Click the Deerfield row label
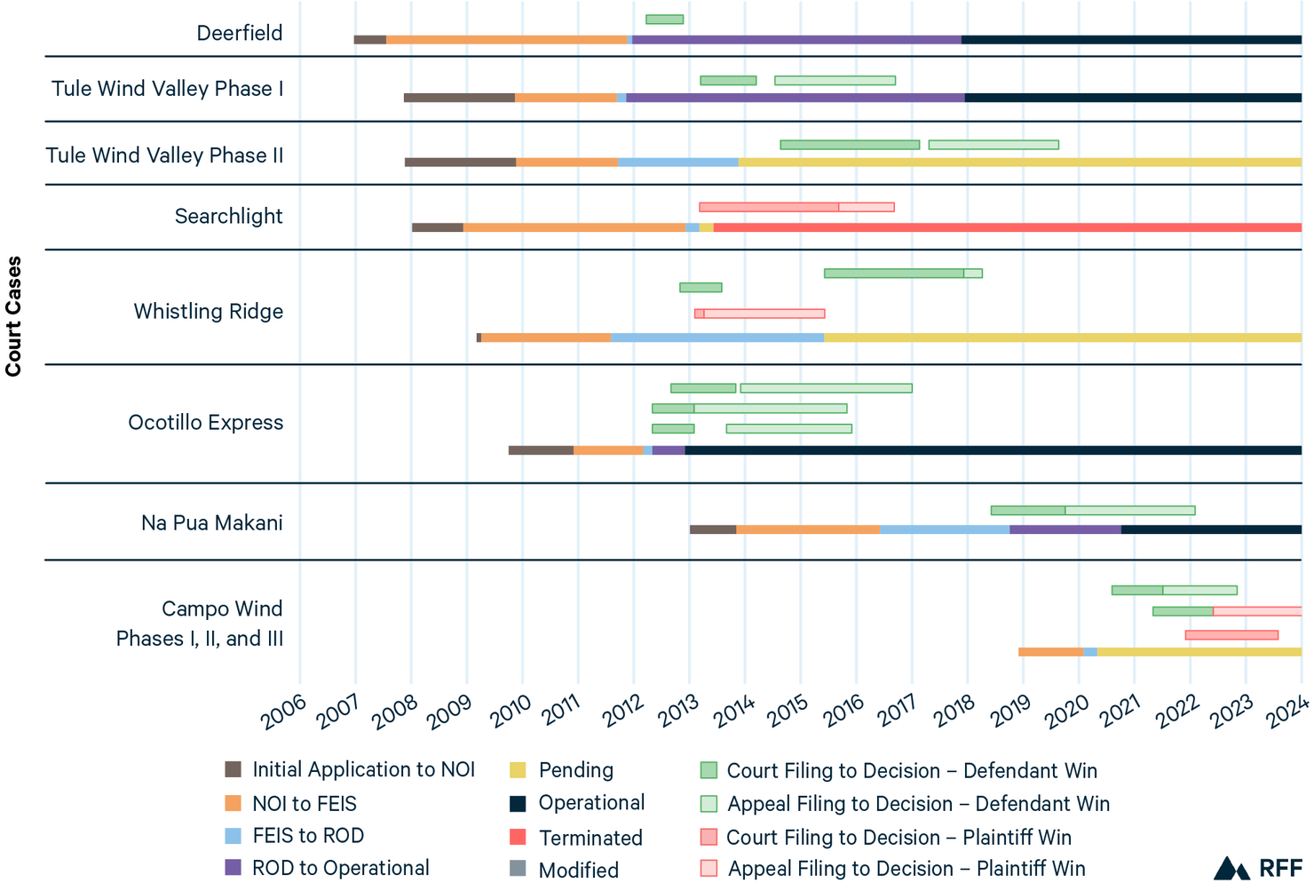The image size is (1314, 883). [x=240, y=34]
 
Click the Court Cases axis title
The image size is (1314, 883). [x=13, y=316]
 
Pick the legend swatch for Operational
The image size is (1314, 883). [x=518, y=804]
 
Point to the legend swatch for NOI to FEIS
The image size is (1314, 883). [x=234, y=804]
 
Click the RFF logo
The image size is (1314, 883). [x=1257, y=868]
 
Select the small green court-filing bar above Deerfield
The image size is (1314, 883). [x=664, y=20]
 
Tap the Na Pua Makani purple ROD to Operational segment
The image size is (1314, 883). [x=1065, y=530]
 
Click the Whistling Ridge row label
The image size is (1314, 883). [x=209, y=312]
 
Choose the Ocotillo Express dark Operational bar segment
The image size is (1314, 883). [x=993, y=450]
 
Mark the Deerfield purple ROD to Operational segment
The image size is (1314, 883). [x=796, y=40]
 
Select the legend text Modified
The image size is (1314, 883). [x=578, y=870]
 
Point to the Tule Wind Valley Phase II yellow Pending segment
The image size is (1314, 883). [x=1019, y=163]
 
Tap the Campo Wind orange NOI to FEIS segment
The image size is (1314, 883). [x=1050, y=652]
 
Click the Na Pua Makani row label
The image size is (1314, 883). [x=212, y=523]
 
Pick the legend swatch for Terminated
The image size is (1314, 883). [x=518, y=837]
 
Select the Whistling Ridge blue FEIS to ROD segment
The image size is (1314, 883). [x=716, y=338]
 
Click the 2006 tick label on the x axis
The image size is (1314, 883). [x=285, y=712]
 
